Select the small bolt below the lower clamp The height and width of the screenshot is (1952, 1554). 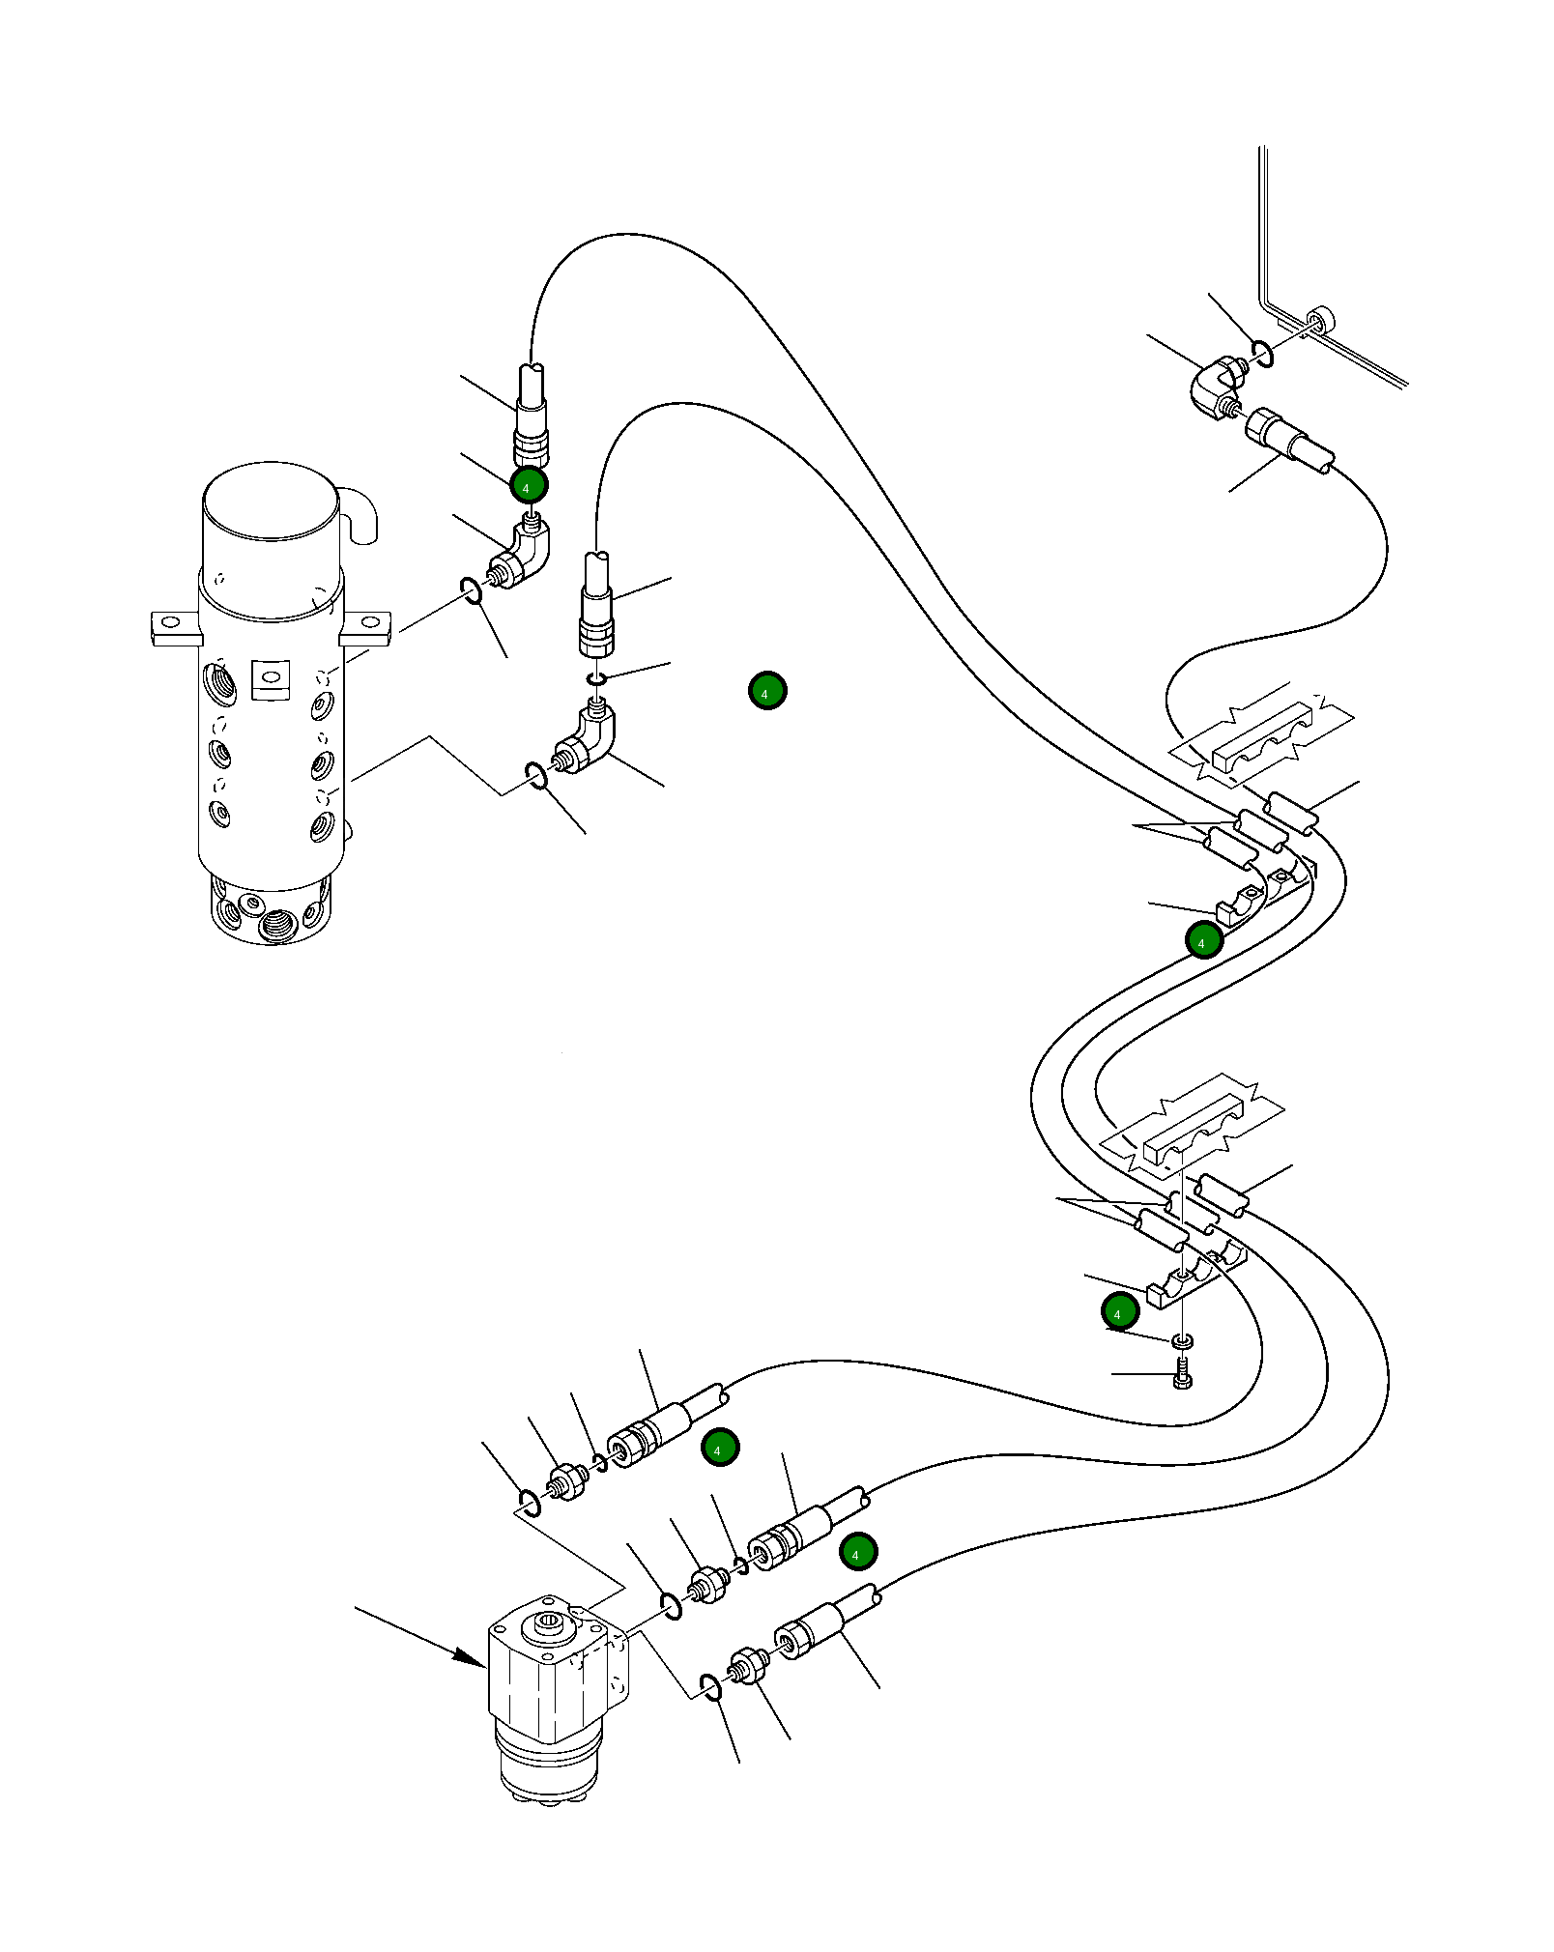1182,1374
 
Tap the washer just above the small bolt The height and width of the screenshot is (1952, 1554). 1182,1341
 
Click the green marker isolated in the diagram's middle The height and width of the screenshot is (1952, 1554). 767,691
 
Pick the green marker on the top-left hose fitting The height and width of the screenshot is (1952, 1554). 529,485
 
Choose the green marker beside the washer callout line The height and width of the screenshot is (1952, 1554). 1120,1311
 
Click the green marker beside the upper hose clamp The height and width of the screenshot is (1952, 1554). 1203,940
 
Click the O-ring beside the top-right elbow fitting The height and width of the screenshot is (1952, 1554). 1262,354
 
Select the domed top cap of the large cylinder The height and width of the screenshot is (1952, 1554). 271,501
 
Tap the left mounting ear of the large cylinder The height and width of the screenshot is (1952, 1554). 176,628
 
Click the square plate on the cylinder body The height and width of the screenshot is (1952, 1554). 271,679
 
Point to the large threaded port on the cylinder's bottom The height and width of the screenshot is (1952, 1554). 276,926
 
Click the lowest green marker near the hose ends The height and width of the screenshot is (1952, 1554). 858,1552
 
